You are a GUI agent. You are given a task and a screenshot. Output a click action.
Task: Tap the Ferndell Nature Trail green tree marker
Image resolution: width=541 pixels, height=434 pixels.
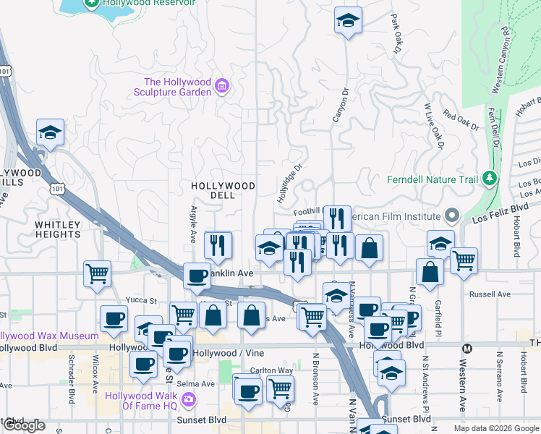[x=489, y=178]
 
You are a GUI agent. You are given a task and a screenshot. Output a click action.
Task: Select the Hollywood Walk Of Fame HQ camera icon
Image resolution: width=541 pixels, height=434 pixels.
[x=189, y=399]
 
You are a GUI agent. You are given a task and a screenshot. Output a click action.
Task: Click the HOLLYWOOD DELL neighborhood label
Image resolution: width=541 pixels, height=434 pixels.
[x=223, y=190]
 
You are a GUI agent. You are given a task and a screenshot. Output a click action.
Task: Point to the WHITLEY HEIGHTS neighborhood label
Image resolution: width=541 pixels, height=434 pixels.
[x=58, y=229]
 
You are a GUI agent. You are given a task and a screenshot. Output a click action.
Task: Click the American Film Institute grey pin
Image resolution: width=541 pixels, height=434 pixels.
[x=452, y=216]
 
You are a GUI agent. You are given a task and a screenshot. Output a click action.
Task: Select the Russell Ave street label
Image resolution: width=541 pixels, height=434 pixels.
[x=490, y=294]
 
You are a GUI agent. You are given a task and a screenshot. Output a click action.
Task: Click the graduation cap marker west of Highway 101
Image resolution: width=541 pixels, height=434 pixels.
[x=50, y=133]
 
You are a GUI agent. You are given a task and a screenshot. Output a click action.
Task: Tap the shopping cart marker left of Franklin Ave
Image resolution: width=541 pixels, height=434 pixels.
[x=97, y=274]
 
